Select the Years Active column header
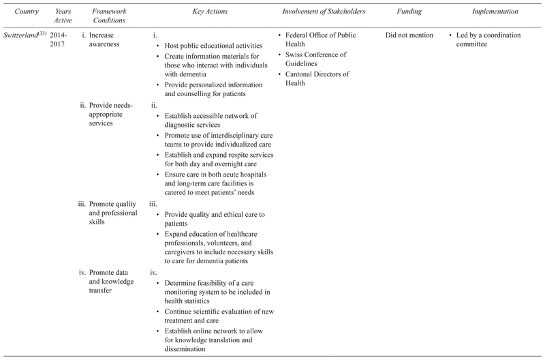click(62, 17)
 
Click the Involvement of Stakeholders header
click(324, 12)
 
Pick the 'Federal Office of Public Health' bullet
click(324, 40)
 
